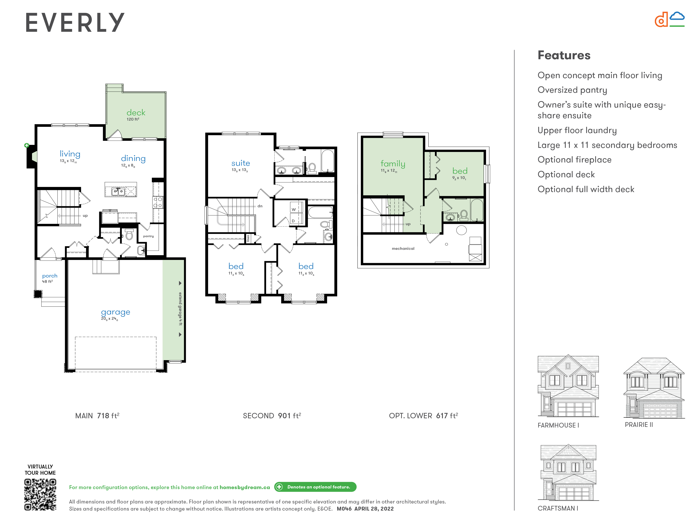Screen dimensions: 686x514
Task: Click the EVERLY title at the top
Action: (75, 22)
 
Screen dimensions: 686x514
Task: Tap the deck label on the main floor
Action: (136, 112)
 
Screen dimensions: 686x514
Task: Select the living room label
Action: (70, 154)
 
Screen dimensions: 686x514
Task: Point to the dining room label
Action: (133, 159)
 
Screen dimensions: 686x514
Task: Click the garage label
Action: (116, 312)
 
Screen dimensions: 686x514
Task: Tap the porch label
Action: (50, 276)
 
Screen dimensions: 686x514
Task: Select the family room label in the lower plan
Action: (393, 164)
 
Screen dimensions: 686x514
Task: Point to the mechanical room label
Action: (403, 249)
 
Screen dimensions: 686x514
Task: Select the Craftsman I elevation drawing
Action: (568, 473)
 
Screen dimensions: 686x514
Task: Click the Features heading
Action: (564, 55)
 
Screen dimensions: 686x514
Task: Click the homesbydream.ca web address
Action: (245, 487)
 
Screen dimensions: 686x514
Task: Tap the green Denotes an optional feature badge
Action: (315, 487)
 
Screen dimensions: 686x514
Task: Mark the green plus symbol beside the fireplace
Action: (27, 145)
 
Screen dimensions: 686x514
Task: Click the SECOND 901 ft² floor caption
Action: (272, 416)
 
